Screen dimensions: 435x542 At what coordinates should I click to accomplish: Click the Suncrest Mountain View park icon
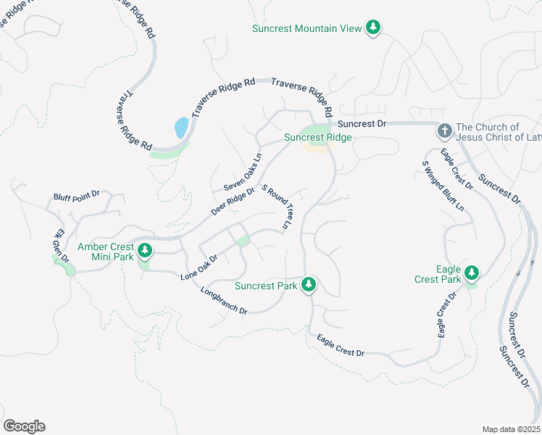pyautogui.click(x=373, y=28)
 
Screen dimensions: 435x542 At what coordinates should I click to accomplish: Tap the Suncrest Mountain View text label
pyautogui.click(x=307, y=29)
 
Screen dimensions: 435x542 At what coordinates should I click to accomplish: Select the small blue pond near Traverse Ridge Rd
pyautogui.click(x=181, y=128)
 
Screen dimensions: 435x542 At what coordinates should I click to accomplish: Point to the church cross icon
pyautogui.click(x=444, y=132)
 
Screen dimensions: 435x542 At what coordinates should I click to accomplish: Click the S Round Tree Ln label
pyautogui.click(x=277, y=208)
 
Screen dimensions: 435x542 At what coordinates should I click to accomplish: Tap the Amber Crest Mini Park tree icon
pyautogui.click(x=146, y=251)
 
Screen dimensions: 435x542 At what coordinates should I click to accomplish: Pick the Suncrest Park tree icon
pyautogui.click(x=309, y=284)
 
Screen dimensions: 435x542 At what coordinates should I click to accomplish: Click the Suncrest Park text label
pyautogui.click(x=266, y=286)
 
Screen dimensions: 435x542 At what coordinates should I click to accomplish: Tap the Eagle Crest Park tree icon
pyautogui.click(x=472, y=273)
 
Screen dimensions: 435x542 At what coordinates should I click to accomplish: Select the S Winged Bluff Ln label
pyautogui.click(x=443, y=186)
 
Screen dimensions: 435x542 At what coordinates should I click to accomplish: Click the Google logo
pyautogui.click(x=24, y=426)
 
